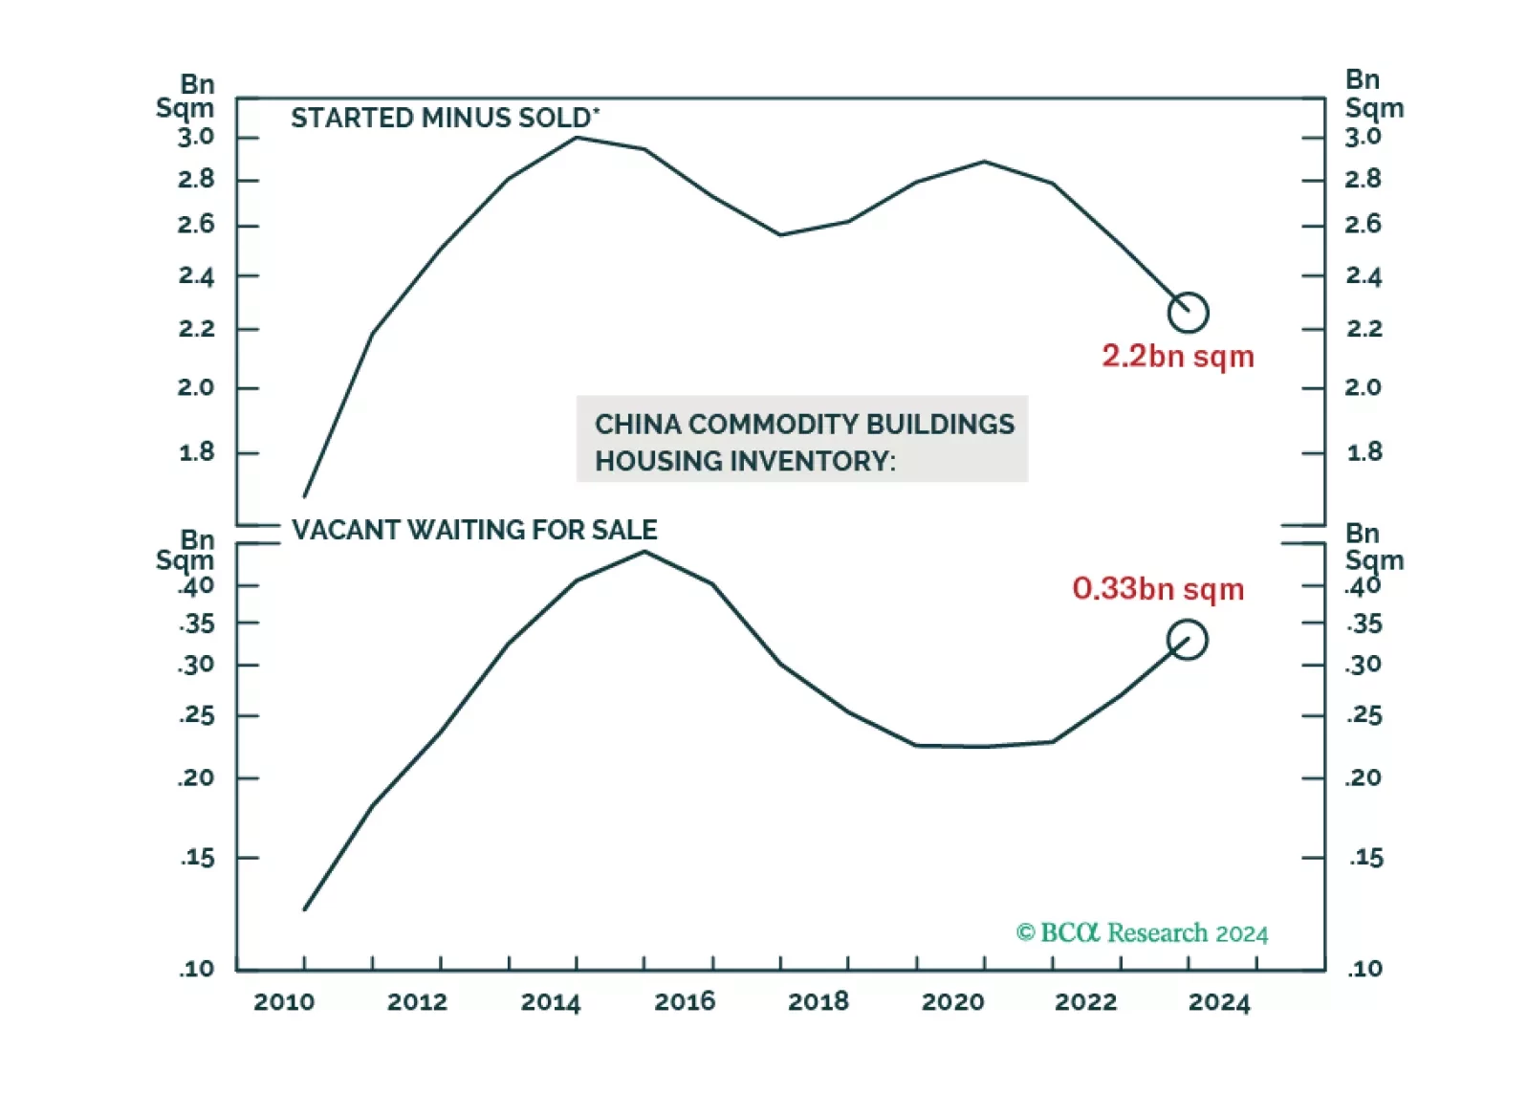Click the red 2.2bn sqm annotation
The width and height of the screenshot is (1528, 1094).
coord(1177,357)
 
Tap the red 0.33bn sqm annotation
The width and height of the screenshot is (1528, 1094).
coord(1158,589)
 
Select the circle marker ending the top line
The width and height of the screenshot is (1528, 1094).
coord(1189,313)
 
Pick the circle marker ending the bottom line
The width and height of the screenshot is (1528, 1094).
coord(1188,640)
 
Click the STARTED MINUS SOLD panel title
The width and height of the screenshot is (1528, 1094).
coord(445,118)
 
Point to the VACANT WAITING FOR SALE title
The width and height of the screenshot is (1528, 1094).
coord(474,530)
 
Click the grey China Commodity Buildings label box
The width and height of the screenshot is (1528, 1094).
coord(802,439)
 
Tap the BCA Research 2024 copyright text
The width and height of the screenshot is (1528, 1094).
coord(1142,933)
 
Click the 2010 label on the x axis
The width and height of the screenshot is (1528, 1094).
coord(283,1002)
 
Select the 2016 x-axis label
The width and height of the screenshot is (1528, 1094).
coord(685,1002)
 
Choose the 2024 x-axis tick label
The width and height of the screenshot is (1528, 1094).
coord(1219,1002)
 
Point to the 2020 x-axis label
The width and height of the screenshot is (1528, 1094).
coord(952,1002)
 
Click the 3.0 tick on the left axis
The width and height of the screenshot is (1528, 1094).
coord(196,138)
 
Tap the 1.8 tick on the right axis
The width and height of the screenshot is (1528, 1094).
coord(1364,452)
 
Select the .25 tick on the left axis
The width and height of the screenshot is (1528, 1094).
coord(197,715)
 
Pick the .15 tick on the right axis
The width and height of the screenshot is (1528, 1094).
coord(1366,858)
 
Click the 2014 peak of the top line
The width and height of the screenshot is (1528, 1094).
coord(577,138)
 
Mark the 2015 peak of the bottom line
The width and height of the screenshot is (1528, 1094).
coord(644,552)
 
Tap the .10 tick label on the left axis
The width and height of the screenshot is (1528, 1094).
coord(197,969)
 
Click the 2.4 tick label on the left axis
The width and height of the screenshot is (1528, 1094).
coord(196,276)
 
